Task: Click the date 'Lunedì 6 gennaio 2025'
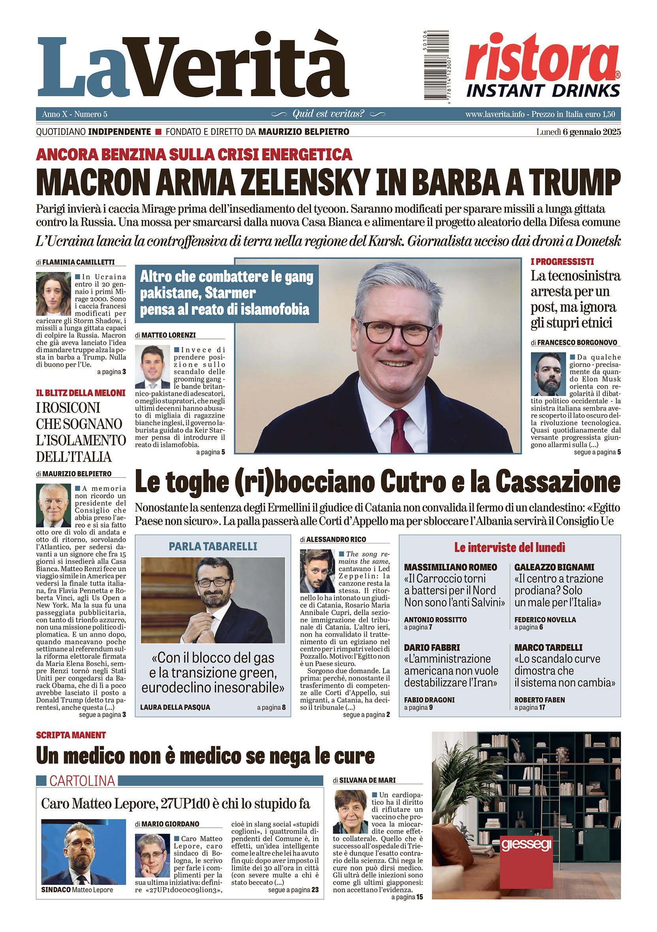[578, 132]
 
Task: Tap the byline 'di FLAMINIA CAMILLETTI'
[81, 262]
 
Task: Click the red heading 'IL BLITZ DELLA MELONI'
[81, 393]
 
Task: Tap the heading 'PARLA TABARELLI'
[213, 546]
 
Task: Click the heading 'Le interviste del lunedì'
[510, 548]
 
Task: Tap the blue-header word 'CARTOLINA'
[82, 780]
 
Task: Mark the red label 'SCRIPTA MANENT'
[71, 735]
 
